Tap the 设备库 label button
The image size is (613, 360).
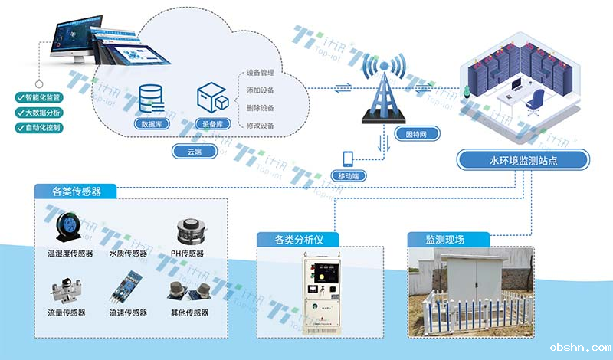(x=211, y=124)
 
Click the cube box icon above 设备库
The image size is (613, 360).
(x=213, y=97)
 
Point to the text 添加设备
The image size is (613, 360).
(x=261, y=91)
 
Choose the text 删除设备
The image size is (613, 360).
(x=261, y=108)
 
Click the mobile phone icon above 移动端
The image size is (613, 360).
(x=348, y=158)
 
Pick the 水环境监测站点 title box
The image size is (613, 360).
(x=523, y=160)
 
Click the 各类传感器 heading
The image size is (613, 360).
(x=77, y=191)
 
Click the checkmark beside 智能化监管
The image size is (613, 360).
(x=20, y=98)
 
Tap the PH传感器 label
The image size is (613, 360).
(x=187, y=254)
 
